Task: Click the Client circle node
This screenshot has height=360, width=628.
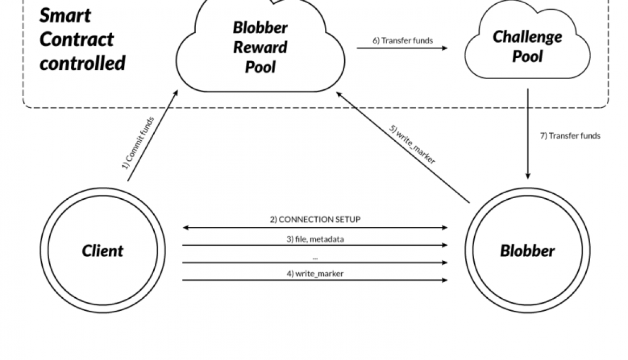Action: point(102,251)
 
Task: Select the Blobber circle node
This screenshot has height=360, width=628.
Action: point(527,251)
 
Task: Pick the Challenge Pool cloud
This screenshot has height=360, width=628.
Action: point(527,47)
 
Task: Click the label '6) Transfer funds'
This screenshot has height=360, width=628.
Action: point(402,41)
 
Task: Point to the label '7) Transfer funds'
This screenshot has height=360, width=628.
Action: point(570,136)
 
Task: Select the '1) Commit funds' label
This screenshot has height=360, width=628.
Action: point(138,143)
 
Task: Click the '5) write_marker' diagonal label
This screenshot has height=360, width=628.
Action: point(412,145)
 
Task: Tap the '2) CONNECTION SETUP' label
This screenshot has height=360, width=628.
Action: point(315,220)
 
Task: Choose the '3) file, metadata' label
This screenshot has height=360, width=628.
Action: point(315,239)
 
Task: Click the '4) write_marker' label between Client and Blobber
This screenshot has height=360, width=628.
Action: point(315,273)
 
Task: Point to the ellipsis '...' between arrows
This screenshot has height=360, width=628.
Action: point(315,256)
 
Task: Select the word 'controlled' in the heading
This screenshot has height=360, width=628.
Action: point(82,63)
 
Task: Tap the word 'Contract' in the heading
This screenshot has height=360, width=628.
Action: point(76,39)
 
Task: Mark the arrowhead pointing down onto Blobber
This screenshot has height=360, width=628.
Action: point(528,176)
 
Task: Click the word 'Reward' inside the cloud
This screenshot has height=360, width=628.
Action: point(260,47)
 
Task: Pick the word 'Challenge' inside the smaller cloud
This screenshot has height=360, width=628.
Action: point(527,37)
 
